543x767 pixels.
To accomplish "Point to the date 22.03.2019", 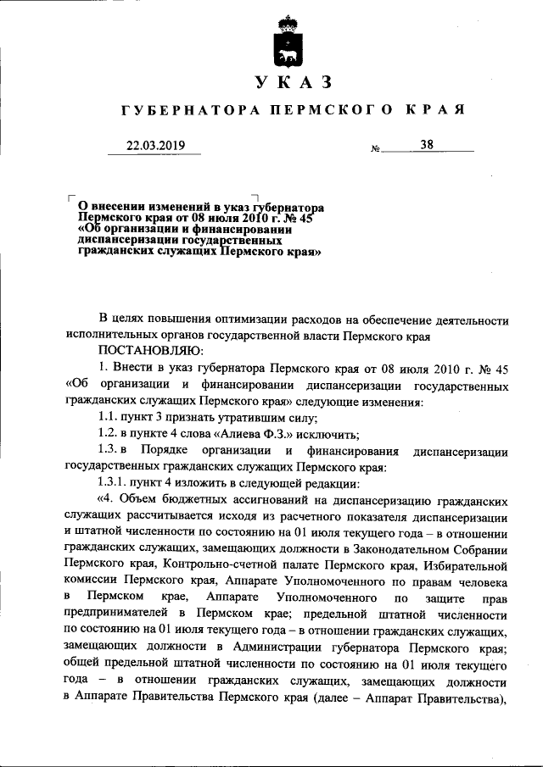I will pos(155,145).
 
